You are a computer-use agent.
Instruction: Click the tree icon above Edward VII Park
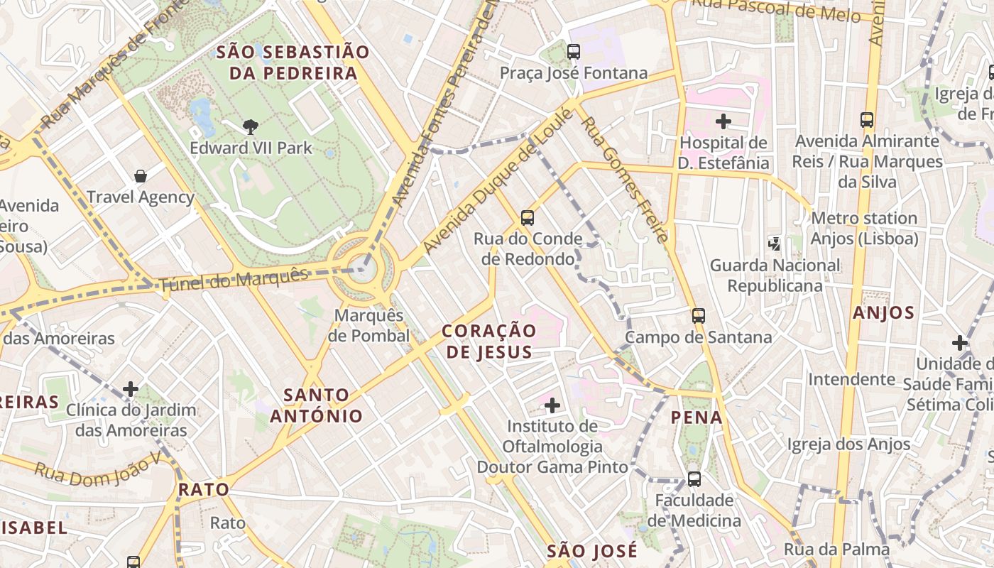tap(250, 127)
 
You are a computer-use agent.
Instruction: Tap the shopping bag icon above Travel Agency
tap(141, 175)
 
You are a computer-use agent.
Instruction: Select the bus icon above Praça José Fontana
tap(573, 52)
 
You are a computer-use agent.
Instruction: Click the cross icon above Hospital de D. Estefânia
tap(723, 121)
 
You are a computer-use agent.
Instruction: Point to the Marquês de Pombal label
tap(368, 325)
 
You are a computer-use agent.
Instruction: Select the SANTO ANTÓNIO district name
tap(316, 405)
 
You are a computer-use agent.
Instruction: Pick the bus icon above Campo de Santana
tap(699, 316)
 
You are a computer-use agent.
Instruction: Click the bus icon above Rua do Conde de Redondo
tap(527, 218)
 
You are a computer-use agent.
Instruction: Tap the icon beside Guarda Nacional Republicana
tap(774, 244)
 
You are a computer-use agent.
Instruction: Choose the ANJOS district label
tap(883, 313)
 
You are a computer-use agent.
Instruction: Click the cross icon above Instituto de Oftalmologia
tap(552, 405)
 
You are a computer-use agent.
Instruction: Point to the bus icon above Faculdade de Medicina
tap(694, 479)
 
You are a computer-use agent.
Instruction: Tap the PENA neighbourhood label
tap(697, 417)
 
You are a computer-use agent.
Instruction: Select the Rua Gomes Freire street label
tap(623, 181)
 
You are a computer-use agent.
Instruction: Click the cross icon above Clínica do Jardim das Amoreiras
tap(131, 389)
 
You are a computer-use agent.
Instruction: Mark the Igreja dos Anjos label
tap(848, 444)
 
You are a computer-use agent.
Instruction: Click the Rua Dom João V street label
tap(97, 469)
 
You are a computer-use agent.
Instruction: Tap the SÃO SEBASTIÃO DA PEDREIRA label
tap(293, 62)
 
